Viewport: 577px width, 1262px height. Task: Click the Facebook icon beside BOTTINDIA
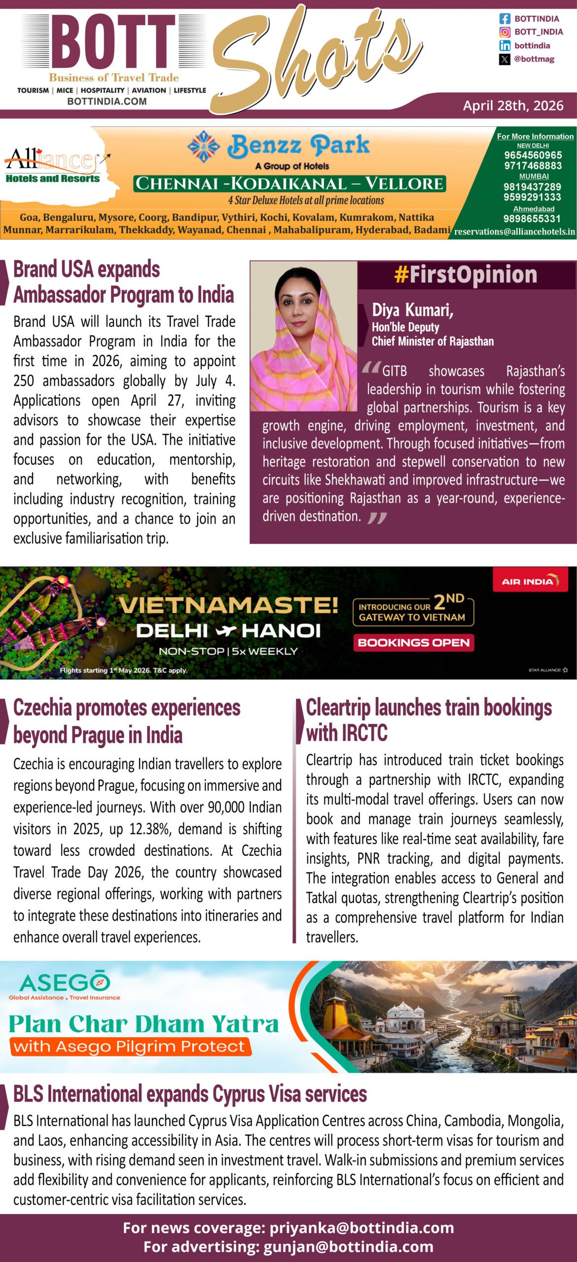[x=505, y=19]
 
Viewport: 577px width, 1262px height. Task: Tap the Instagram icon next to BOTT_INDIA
[x=505, y=32]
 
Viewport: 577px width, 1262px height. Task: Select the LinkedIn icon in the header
[x=505, y=46]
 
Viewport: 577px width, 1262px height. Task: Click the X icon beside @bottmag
[x=505, y=59]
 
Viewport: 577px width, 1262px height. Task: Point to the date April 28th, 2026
[x=513, y=105]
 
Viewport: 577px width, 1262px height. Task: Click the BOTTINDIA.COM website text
[x=107, y=102]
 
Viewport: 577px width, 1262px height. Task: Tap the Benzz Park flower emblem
[x=204, y=146]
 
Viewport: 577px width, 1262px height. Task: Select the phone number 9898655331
[x=532, y=219]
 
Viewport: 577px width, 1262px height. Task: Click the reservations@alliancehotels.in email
[x=514, y=232]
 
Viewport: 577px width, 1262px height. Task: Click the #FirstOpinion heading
[x=466, y=275]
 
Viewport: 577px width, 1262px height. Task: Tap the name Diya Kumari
[x=412, y=310]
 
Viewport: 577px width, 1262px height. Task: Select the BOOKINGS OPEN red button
[x=413, y=642]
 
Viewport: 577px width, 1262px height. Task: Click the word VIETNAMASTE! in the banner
[x=228, y=605]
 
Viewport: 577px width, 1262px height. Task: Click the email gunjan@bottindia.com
[x=348, y=1247]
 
